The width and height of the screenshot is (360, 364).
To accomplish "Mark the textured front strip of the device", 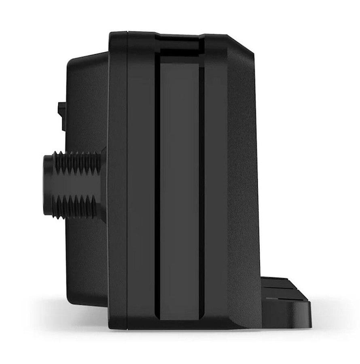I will [243, 182].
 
